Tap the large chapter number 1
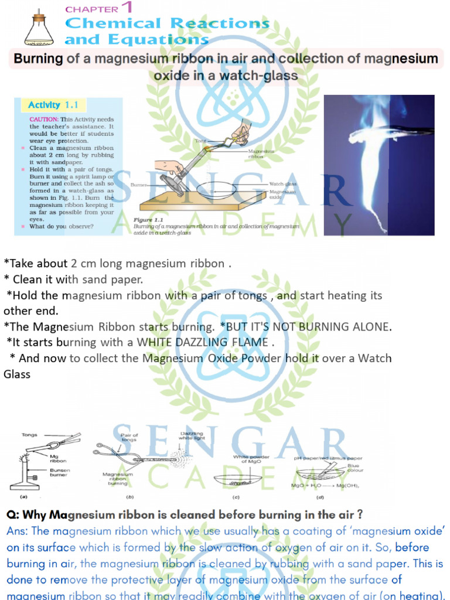[125, 8]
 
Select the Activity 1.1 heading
[53, 105]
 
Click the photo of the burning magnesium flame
[379, 165]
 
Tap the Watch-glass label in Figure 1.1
[283, 184]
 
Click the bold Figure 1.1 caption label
[150, 220]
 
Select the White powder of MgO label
[251, 459]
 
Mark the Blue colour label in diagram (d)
[355, 468]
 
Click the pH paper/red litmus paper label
[328, 458]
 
